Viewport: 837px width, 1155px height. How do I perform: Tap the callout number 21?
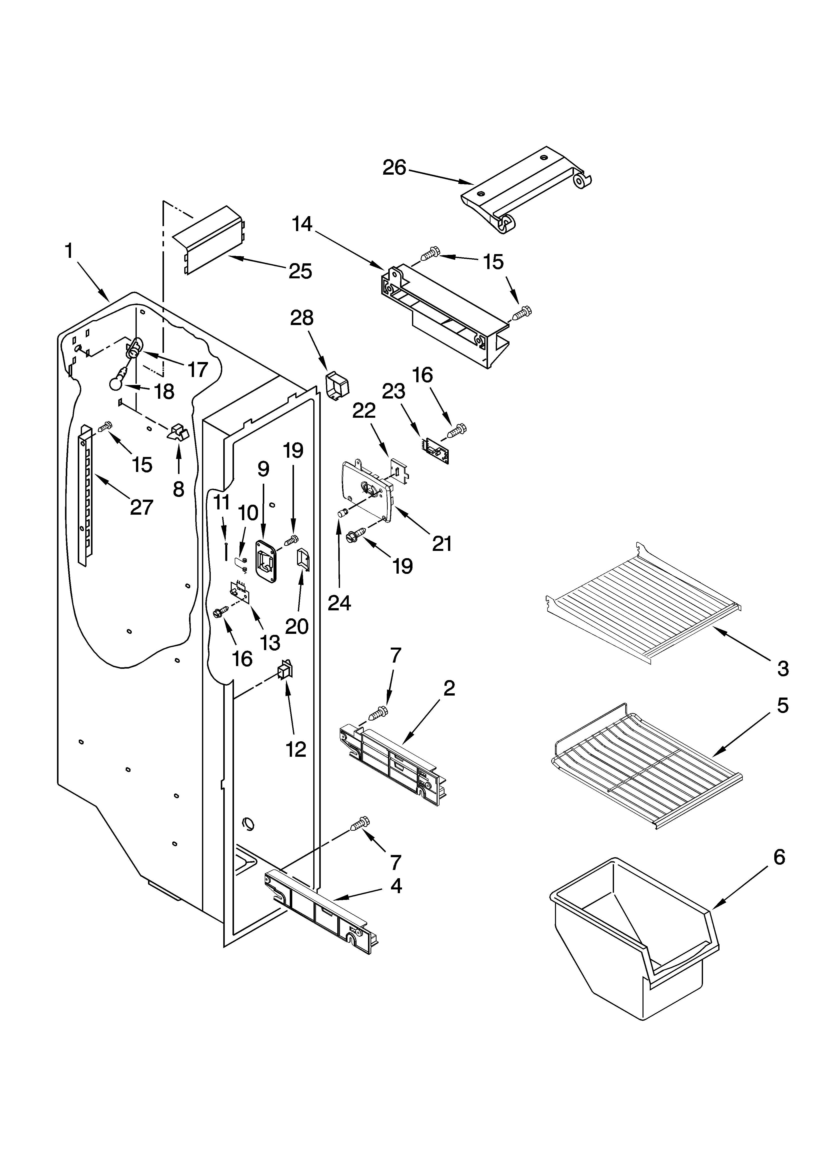442,544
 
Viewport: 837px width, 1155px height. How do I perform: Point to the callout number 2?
448,689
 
